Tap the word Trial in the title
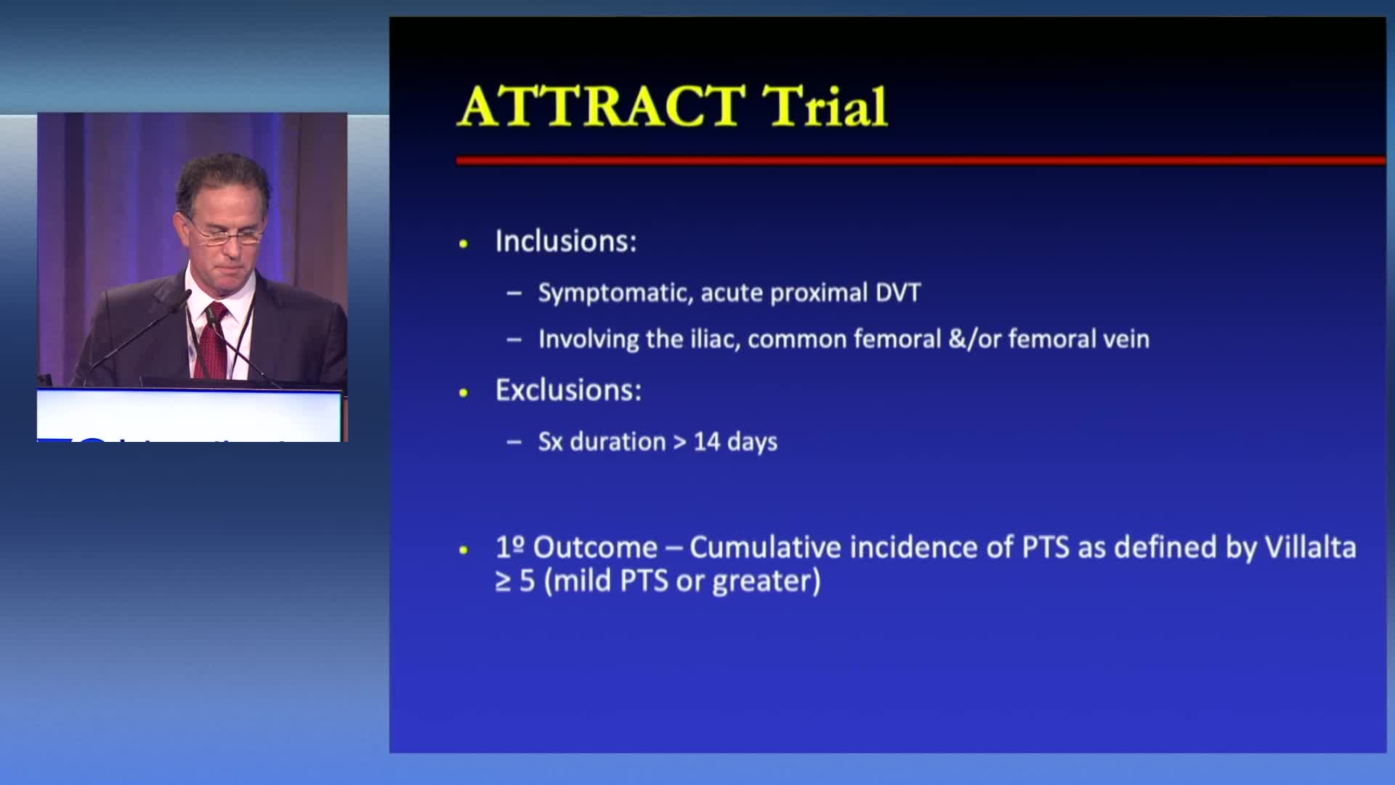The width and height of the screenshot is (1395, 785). pos(825,106)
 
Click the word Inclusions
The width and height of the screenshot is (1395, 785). pos(565,241)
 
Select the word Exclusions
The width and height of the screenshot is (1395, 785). pos(568,390)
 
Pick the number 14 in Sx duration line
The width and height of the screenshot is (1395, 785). pos(706,442)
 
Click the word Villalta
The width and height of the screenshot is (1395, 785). pos(1311,547)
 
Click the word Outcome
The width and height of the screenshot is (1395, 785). pos(595,547)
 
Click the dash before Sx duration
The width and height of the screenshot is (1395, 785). pos(514,442)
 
